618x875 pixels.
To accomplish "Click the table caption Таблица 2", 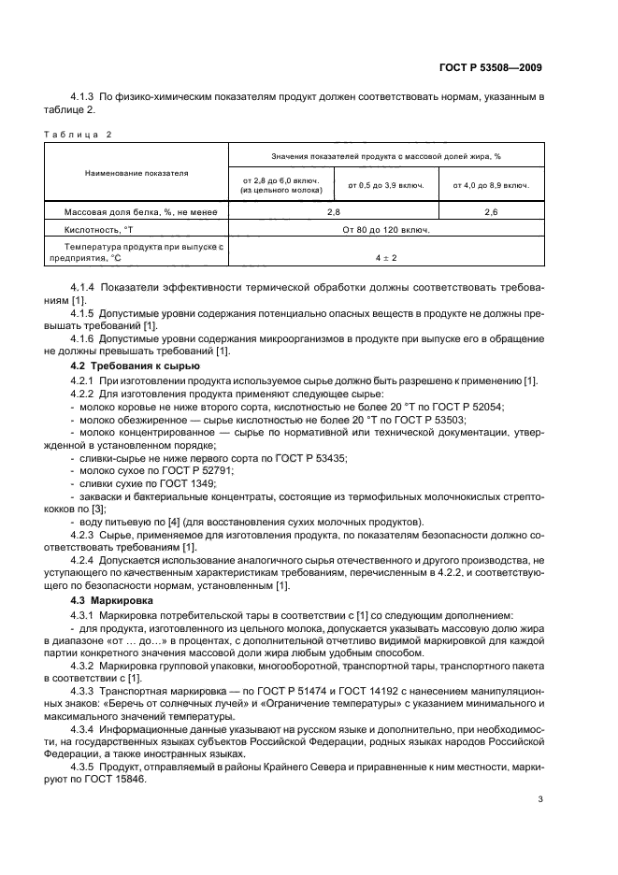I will [x=78, y=134].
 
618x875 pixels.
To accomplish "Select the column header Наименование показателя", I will [x=137, y=173].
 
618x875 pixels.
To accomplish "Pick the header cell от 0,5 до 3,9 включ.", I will [x=386, y=185].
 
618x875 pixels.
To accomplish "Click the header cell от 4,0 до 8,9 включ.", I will [x=491, y=185].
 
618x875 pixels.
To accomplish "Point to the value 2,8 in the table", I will [x=334, y=212].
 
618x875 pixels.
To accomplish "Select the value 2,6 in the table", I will [x=491, y=212].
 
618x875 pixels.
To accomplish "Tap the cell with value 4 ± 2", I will [x=386, y=256].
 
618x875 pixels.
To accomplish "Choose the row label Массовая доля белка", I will [x=140, y=212].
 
